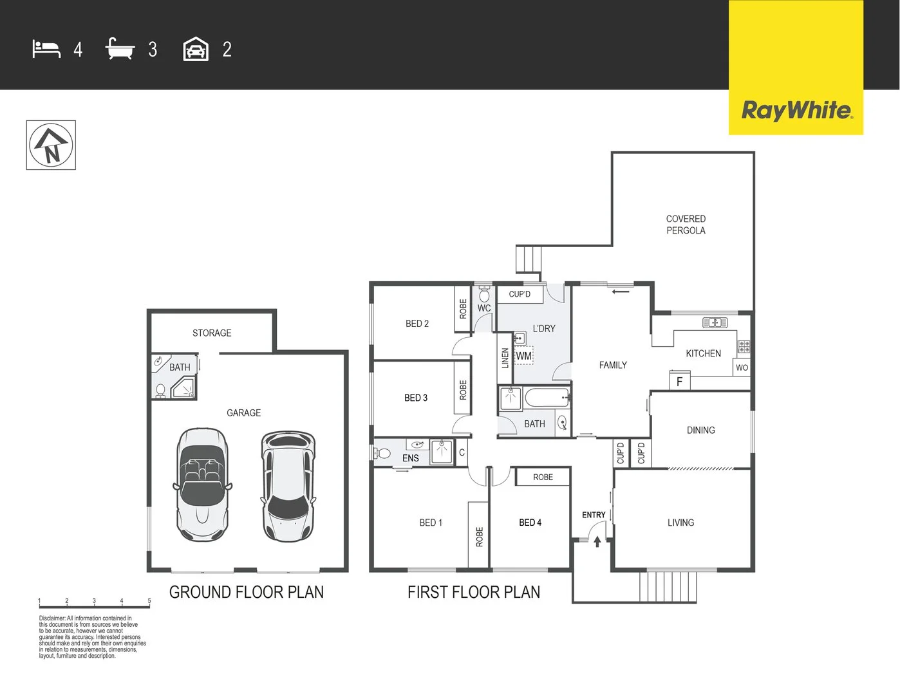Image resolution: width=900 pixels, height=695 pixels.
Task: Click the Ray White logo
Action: coord(796,110)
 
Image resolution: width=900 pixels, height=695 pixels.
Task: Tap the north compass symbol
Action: coord(51,145)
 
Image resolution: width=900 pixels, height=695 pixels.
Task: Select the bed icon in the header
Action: coord(46,50)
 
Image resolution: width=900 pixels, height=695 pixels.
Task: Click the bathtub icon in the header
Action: coord(120,50)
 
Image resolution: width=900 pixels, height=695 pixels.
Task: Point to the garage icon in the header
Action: coord(196,50)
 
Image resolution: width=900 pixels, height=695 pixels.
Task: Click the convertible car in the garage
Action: coord(202,485)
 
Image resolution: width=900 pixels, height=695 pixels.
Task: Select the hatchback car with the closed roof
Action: coord(288,486)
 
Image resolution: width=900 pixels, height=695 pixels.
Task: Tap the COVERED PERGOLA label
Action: coord(686,225)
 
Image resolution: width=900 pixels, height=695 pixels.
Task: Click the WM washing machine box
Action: coord(524,356)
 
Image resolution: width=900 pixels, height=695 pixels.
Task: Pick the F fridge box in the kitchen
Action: coord(679,382)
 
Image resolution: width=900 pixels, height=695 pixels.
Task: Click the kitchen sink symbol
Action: coord(715,322)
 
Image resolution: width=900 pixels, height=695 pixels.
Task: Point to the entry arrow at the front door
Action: coord(597,542)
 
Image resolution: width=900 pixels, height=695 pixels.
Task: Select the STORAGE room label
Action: coord(212,333)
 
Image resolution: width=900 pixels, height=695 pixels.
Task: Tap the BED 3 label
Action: coord(416,398)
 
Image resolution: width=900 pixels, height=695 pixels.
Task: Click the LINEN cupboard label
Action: coord(505,358)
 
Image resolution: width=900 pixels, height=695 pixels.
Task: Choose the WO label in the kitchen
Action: coord(742,368)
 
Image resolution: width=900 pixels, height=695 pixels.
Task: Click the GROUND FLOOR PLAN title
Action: coord(247,592)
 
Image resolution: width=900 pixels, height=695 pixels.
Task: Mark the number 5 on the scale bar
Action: coord(149,601)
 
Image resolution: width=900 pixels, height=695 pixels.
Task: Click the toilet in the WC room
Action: coord(484,295)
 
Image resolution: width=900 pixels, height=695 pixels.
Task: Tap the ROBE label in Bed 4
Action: coord(543,477)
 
